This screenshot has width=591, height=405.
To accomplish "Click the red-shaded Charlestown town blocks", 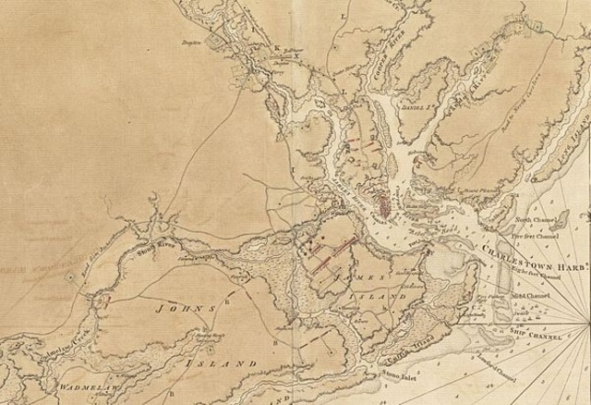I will click(380, 196).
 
